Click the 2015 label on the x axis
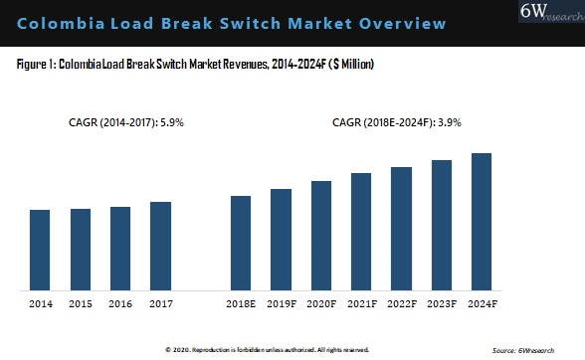(81, 302)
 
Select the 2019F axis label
(281, 302)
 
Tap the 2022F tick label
(401, 302)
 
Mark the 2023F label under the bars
(441, 302)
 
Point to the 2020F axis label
(320, 302)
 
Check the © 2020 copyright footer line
(267, 350)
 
